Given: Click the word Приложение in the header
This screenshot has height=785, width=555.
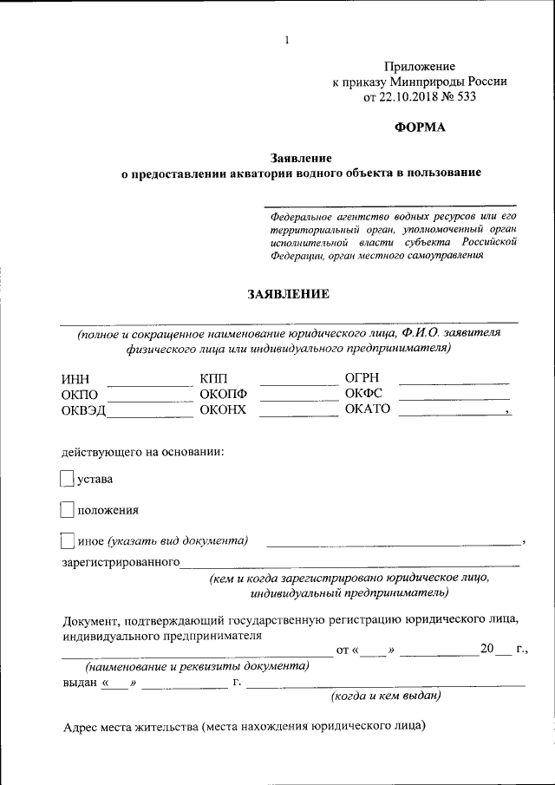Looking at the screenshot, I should (x=420, y=66).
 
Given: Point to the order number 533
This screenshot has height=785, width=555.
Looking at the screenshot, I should (x=465, y=97).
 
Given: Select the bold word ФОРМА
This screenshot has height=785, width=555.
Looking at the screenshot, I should (x=420, y=128).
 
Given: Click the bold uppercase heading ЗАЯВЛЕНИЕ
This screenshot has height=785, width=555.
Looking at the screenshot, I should (x=288, y=294).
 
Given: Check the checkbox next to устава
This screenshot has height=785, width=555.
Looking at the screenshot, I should (x=67, y=478).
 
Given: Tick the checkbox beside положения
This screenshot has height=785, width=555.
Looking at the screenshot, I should (x=67, y=509).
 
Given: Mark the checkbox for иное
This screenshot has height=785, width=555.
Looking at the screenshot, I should (x=67, y=541).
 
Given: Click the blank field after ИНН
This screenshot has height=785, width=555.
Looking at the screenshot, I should (x=149, y=382).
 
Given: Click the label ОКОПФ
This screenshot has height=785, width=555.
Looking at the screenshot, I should (x=223, y=395).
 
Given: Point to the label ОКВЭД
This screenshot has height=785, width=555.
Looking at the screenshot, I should (x=83, y=410).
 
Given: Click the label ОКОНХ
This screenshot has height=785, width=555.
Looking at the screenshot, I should (x=223, y=410).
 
